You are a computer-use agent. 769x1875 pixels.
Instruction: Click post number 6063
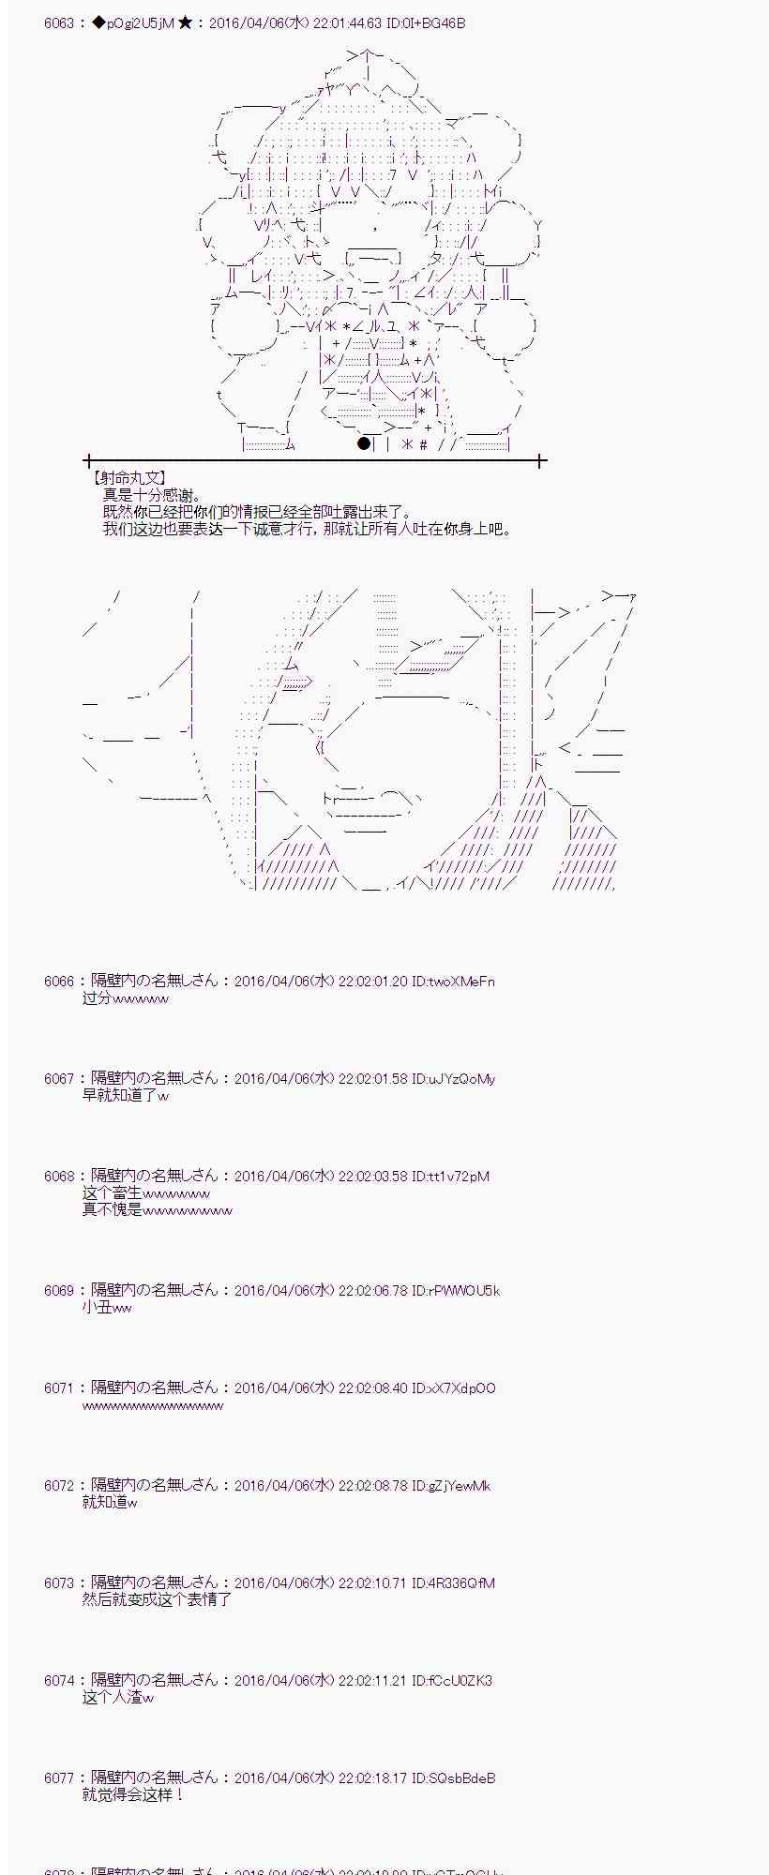pos(58,22)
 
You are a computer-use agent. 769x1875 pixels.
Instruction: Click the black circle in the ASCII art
pos(364,443)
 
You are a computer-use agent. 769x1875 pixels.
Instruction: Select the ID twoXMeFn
pos(453,982)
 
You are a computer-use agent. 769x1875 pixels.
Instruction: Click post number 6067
pos(58,1079)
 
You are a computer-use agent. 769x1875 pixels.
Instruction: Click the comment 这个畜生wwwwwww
pos(146,1193)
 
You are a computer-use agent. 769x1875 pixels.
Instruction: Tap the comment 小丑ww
pos(107,1308)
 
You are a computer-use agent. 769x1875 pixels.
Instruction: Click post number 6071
pos(58,1388)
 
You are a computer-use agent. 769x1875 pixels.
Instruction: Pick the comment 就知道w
pos(110,1503)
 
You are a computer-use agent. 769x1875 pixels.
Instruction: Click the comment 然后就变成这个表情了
pos(157,1600)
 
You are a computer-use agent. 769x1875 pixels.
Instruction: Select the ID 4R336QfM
pos(454,1583)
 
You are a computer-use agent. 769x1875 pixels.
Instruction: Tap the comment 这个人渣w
pos(118,1698)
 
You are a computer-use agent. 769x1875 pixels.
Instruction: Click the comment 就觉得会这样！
pos(133,1795)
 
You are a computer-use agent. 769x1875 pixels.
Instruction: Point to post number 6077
pos(58,1778)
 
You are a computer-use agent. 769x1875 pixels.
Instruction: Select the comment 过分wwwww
pos(126,998)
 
